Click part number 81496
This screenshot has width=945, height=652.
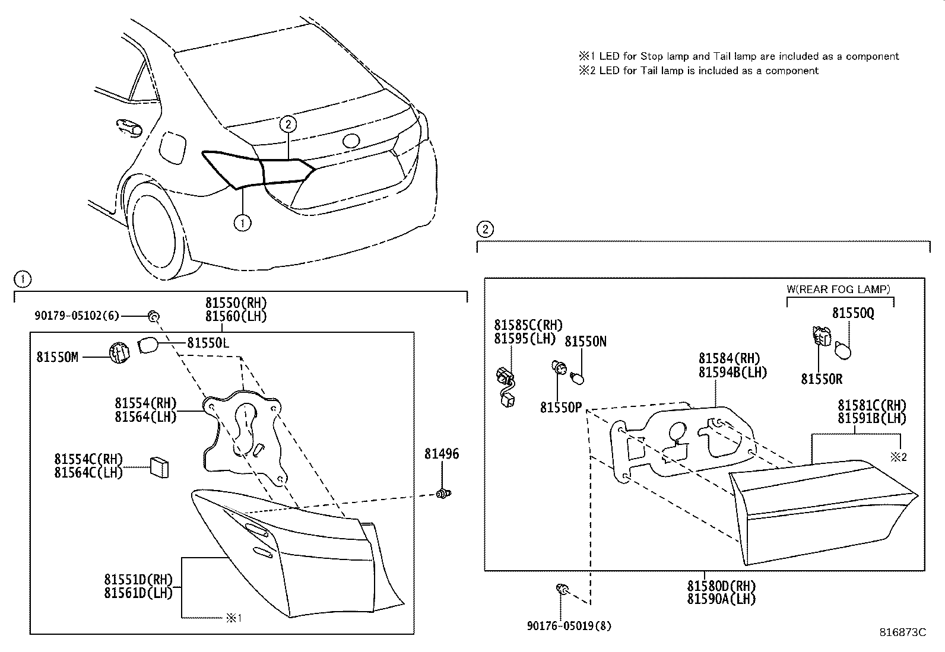(x=441, y=454)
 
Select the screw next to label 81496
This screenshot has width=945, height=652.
(x=442, y=492)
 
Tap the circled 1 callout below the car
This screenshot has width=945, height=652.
(x=242, y=223)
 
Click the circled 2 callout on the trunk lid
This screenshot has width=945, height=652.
(x=288, y=124)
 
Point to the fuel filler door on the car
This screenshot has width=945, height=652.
(x=173, y=148)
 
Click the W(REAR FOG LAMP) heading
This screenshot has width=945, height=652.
(x=838, y=290)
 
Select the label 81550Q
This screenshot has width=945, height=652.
(x=852, y=313)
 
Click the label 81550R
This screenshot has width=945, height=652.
(x=822, y=379)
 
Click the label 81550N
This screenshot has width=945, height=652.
(x=585, y=342)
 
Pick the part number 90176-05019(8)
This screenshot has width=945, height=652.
(x=569, y=625)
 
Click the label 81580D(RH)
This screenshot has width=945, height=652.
(x=721, y=586)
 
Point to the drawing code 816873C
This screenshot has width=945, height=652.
(x=903, y=632)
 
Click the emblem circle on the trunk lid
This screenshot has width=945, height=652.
(x=351, y=141)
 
